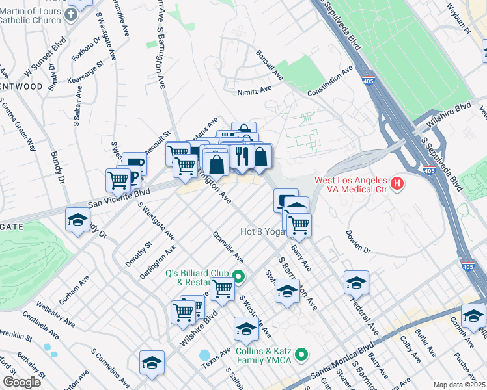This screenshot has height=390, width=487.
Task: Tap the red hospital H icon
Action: point(397,185)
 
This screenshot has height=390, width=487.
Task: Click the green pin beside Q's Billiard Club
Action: point(238,277)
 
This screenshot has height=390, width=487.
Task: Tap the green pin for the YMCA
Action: point(301,355)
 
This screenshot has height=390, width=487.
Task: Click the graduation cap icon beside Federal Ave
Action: point(356,283)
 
